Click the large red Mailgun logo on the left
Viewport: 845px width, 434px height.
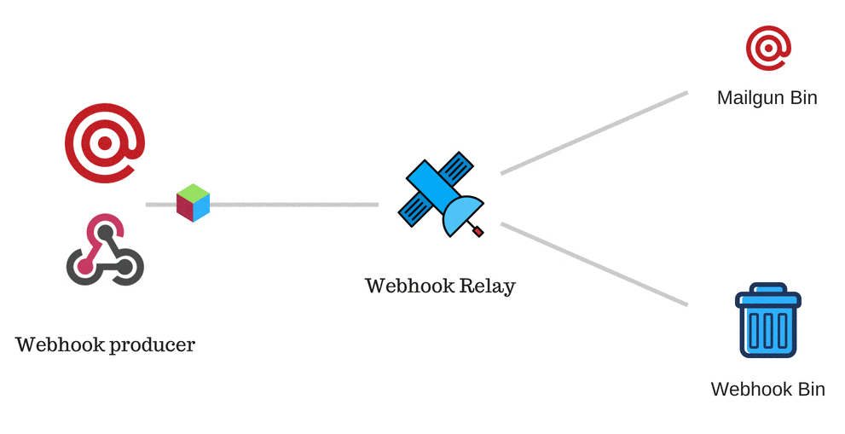point(104,143)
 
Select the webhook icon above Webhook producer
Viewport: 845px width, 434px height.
point(104,250)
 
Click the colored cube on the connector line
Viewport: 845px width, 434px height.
point(193,203)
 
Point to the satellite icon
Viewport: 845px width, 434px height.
point(439,194)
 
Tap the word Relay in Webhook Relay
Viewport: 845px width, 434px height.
point(488,286)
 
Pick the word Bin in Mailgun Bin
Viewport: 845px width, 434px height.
point(802,98)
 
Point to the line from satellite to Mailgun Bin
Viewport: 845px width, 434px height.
point(594,133)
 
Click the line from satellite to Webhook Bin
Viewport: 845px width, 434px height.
point(594,264)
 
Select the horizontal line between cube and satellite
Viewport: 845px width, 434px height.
point(294,205)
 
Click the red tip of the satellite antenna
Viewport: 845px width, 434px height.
point(478,231)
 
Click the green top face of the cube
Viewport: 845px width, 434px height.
point(194,193)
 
